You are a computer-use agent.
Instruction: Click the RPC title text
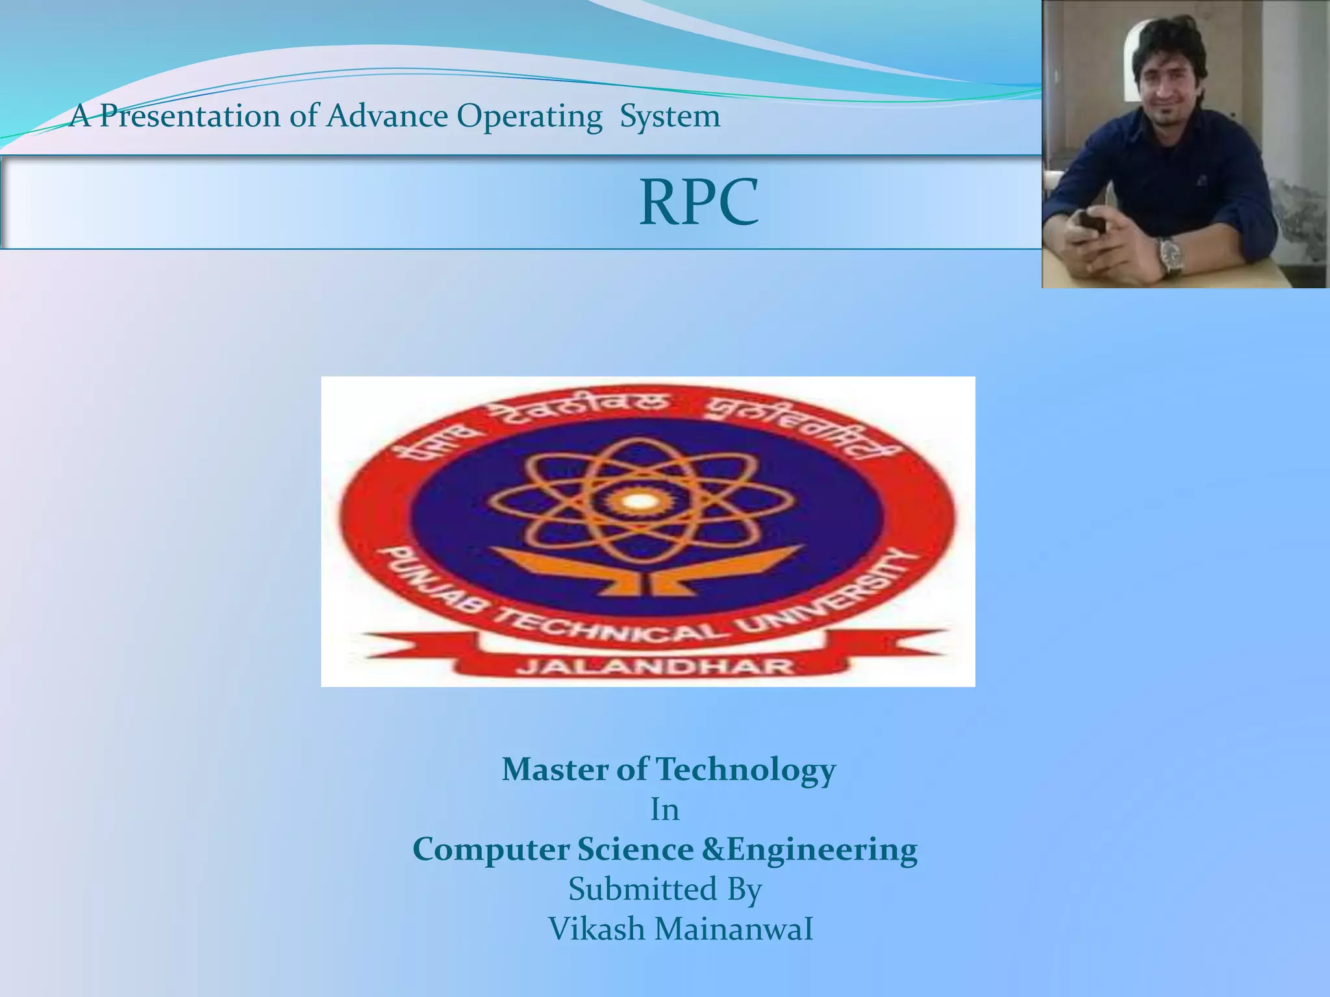coord(699,203)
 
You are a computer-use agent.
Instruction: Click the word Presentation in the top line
coord(190,117)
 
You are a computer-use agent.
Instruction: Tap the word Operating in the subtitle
coord(529,117)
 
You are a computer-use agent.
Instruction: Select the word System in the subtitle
coord(670,117)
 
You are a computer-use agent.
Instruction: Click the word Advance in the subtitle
coord(387,117)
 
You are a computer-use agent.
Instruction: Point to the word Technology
coord(746,770)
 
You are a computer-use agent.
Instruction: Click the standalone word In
coord(665,810)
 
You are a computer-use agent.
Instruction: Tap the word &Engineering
coord(810,850)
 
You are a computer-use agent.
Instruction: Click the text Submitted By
coord(665,889)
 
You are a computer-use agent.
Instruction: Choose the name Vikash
coord(596,929)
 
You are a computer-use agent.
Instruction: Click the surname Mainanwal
coord(734,929)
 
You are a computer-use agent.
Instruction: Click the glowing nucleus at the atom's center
coord(640,500)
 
